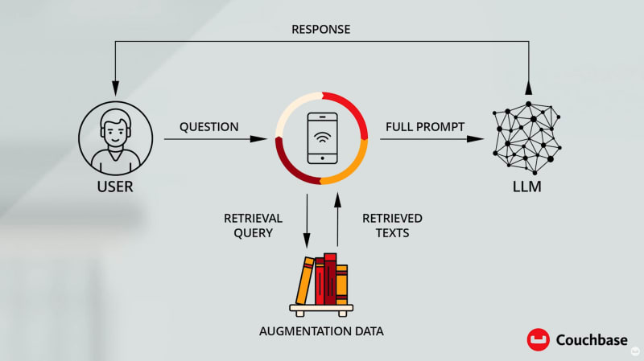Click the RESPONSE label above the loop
point(321,30)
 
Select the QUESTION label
point(208,126)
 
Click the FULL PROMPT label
point(424,126)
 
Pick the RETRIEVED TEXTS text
point(392,225)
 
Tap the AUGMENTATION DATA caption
point(320,330)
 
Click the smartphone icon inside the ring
point(321,137)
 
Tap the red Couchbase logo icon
point(538,340)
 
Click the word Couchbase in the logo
point(592,340)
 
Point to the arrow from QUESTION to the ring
point(215,139)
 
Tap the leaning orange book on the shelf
point(304,280)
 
